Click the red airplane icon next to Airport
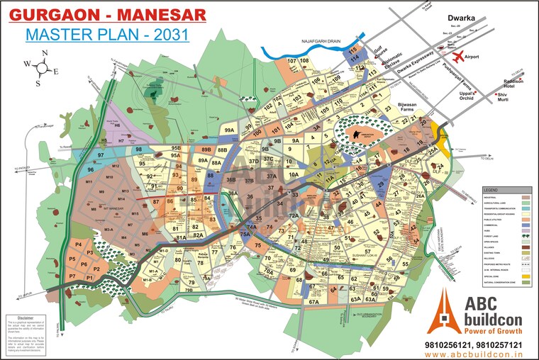457,55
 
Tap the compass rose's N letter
45,53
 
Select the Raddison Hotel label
513,83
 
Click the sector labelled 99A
229,131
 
